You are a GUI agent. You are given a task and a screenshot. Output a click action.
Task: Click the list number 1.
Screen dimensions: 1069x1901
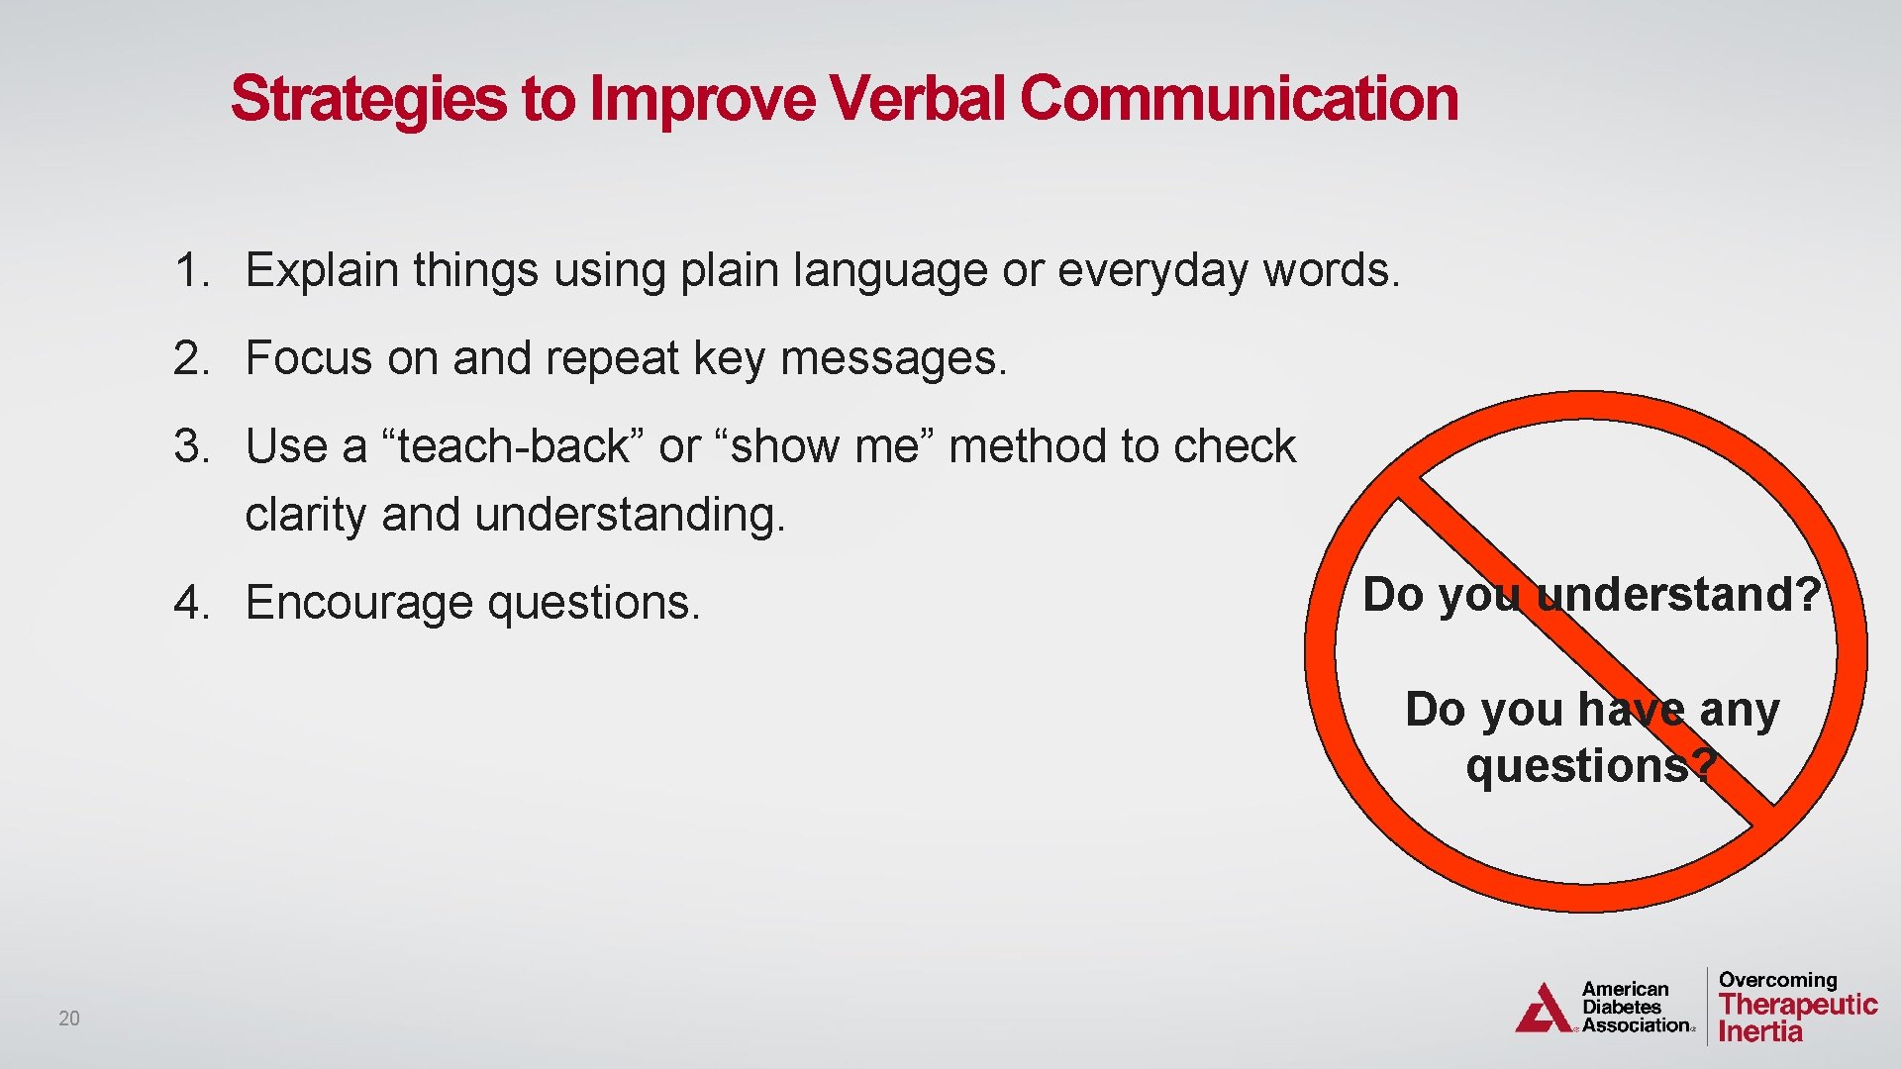(190, 270)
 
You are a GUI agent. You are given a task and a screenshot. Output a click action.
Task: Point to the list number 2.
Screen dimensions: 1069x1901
(190, 358)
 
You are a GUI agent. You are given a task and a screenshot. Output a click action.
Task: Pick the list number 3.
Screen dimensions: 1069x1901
(190, 446)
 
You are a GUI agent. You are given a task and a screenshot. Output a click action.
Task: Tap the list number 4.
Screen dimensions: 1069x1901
(190, 603)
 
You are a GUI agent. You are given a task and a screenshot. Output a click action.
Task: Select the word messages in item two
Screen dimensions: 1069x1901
(893, 358)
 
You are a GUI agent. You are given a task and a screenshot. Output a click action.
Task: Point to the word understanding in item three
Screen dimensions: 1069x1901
(630, 515)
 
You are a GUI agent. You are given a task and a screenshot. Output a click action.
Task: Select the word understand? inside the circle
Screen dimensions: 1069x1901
(1678, 595)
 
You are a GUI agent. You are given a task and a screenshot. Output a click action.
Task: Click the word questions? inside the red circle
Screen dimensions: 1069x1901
(1590, 766)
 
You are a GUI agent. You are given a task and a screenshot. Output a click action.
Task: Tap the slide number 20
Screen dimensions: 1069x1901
(69, 1019)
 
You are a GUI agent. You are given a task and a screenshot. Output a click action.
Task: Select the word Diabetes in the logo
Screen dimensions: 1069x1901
(1622, 1008)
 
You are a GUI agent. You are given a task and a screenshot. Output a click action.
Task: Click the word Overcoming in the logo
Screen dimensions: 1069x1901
(1777, 980)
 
